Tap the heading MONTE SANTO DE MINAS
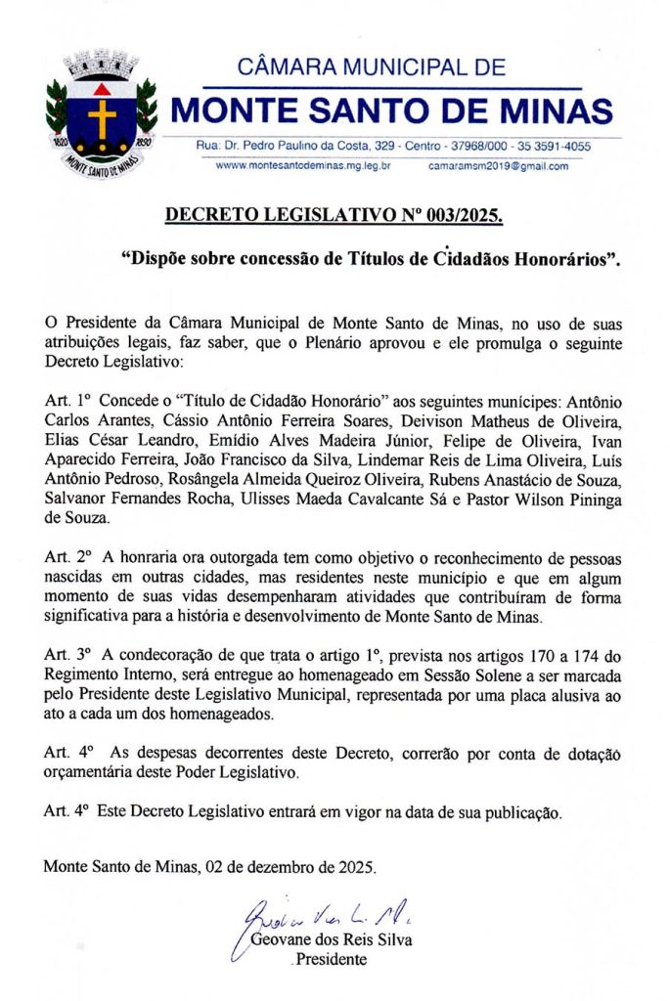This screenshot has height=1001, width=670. click(391, 109)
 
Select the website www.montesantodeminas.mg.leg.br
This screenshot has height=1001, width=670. click(303, 166)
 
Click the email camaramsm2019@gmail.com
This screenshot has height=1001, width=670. click(498, 166)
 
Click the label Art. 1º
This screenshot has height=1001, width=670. click(68, 403)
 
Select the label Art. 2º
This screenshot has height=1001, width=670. click(68, 556)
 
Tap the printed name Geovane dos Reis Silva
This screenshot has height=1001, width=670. click(332, 940)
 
